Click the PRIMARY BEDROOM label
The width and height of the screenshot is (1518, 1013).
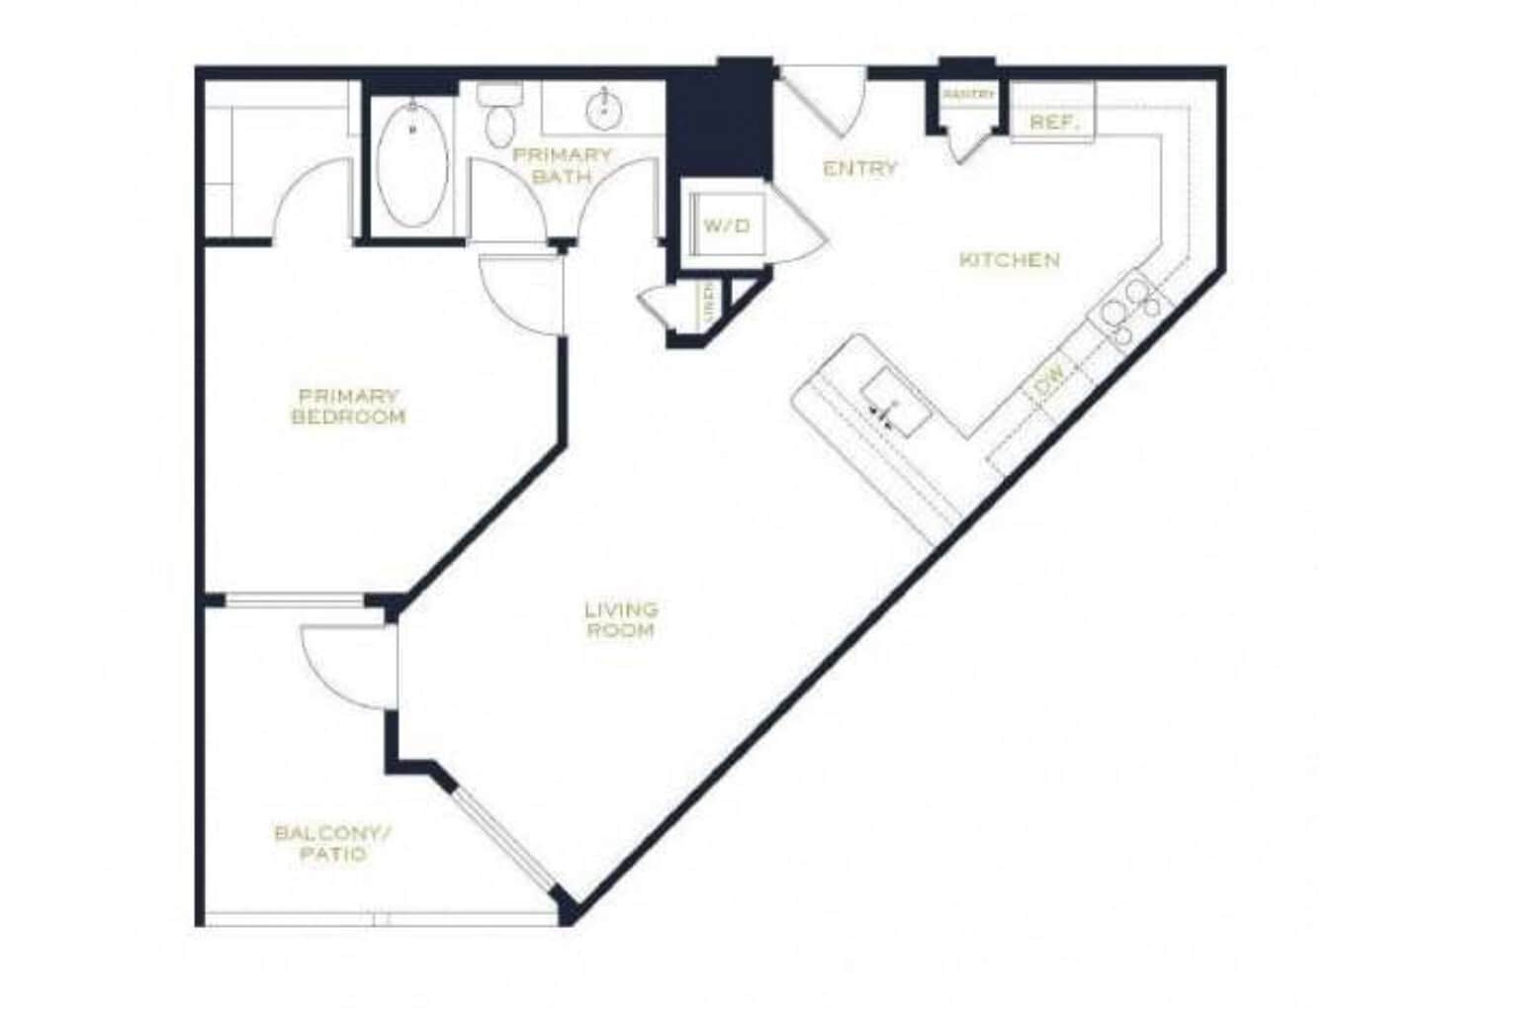pyautogui.click(x=348, y=407)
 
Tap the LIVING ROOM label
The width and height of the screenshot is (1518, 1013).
pyautogui.click(x=621, y=619)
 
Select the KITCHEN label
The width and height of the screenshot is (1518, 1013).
pyautogui.click(x=1010, y=260)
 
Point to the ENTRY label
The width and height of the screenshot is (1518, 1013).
pyautogui.click(x=860, y=169)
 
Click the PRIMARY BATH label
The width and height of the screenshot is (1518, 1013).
pyautogui.click(x=562, y=165)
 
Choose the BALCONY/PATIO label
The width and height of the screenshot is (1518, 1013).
pyautogui.click(x=333, y=843)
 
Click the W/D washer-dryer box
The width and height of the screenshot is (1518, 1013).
pyautogui.click(x=726, y=227)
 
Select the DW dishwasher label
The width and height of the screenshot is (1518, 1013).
pyautogui.click(x=1050, y=378)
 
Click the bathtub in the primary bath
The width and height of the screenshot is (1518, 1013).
pyautogui.click(x=412, y=165)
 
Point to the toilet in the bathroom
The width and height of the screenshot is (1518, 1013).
pyautogui.click(x=499, y=117)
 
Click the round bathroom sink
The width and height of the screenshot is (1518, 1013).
pyautogui.click(x=602, y=109)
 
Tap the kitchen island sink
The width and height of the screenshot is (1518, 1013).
pyautogui.click(x=894, y=404)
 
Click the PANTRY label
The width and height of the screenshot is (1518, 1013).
pyautogui.click(x=968, y=94)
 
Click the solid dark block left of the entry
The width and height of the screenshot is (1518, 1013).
pyautogui.click(x=720, y=119)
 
